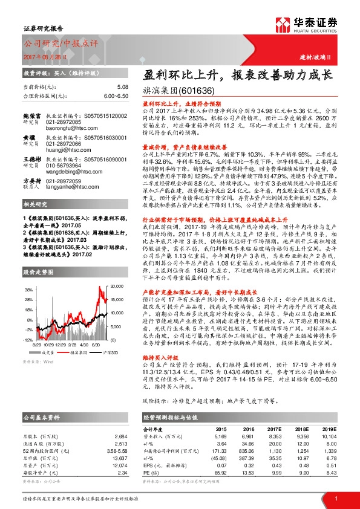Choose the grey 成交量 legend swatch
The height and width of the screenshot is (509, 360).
(x=39, y=351)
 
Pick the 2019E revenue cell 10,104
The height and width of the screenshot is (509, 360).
(x=327, y=435)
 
